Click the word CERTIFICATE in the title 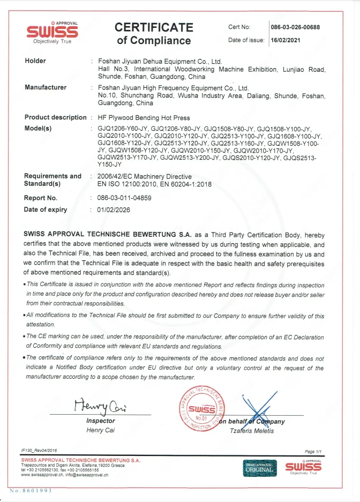[x=154, y=27]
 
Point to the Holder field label [x=35, y=61]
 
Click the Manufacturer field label [x=46, y=87]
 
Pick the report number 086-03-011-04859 [x=124, y=198]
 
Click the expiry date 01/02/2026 [x=114, y=209]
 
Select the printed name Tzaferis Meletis [x=251, y=431]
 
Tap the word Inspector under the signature [x=101, y=421]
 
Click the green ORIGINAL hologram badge [x=261, y=467]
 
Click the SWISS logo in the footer [x=303, y=467]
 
